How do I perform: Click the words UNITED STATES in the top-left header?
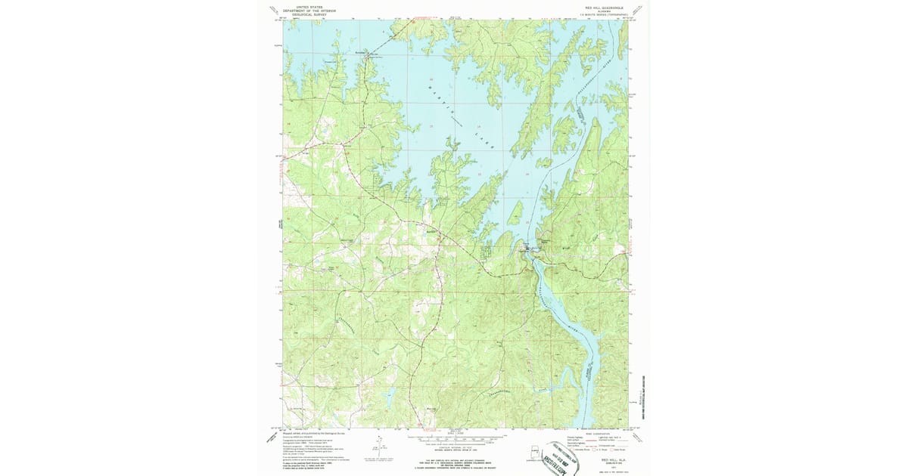[x=310, y=6]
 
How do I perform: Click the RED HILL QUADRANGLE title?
[x=600, y=6]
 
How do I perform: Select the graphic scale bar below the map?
[x=454, y=437]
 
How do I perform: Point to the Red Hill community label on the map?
[x=431, y=230]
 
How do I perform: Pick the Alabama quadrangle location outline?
[x=536, y=454]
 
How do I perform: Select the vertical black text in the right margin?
[x=645, y=397]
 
